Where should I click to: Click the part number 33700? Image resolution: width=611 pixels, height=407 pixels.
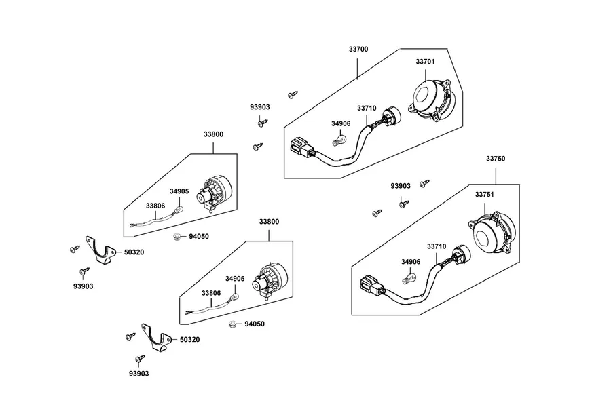coord(358,49)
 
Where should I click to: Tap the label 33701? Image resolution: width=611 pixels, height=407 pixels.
coord(425,62)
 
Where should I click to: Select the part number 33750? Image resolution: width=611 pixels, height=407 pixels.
coord(496,159)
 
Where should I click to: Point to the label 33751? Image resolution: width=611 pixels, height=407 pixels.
coord(484,195)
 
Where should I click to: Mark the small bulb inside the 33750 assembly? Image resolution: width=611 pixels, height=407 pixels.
coord(409,278)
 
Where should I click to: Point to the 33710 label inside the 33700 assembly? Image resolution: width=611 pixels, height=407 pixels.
coord(367,109)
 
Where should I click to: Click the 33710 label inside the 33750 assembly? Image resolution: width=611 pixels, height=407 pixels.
coord(437,246)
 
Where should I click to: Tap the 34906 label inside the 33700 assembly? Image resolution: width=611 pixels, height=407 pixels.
coord(341,124)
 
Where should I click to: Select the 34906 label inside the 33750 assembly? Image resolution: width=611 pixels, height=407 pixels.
coord(411,262)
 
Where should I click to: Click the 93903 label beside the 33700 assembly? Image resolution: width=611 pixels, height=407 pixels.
coord(260,107)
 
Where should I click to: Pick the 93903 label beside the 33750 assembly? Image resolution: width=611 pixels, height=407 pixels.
coord(401,186)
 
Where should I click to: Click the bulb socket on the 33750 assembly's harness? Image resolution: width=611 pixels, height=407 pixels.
coord(462,254)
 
